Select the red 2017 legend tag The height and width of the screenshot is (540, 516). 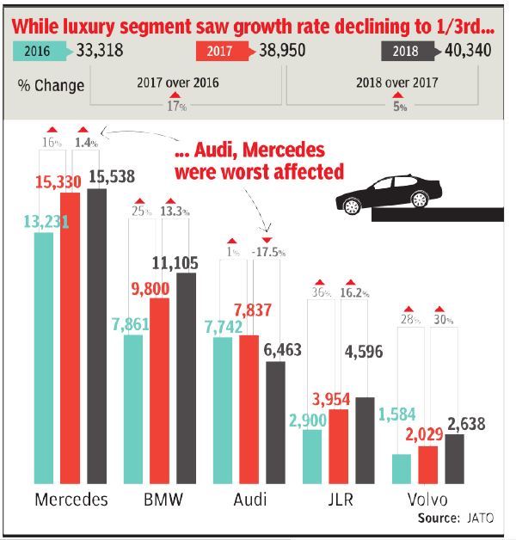point(224,51)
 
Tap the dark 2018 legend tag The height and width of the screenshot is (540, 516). point(408,51)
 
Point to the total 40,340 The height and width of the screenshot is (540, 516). point(469,51)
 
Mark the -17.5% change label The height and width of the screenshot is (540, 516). point(267,253)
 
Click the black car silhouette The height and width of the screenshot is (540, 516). point(386,195)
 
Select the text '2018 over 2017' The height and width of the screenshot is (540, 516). point(396,83)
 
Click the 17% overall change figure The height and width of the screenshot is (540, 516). point(178,107)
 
